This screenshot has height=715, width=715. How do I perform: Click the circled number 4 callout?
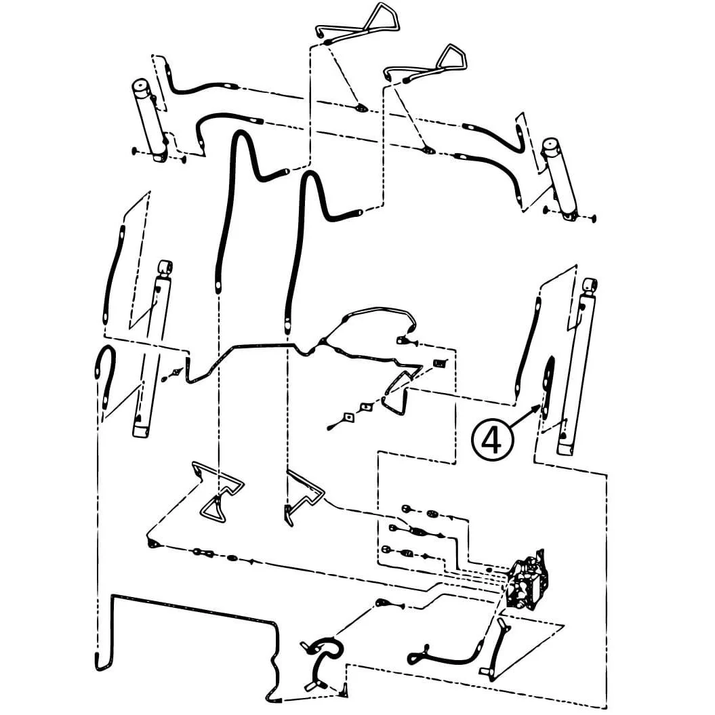pyautogui.click(x=492, y=440)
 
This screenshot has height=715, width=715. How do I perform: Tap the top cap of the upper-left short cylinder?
pyautogui.click(x=140, y=86)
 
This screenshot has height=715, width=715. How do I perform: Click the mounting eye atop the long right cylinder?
pyautogui.click(x=590, y=285)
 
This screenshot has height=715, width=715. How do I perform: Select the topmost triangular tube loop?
pyautogui.click(x=361, y=23)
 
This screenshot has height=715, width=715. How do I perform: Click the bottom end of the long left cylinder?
pyautogui.click(x=140, y=431)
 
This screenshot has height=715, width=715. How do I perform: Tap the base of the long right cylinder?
pyautogui.click(x=565, y=447)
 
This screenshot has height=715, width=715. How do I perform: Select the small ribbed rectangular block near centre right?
pyautogui.click(x=439, y=363)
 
